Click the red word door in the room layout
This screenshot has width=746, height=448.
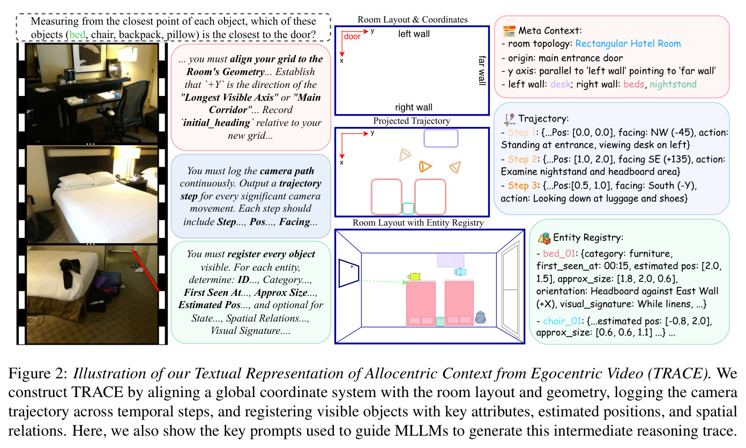pyautogui.click(x=352, y=36)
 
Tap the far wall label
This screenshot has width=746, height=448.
pyautogui.click(x=482, y=70)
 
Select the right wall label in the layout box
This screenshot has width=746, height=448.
pyautogui.click(x=414, y=107)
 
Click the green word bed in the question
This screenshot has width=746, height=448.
pyautogui.click(x=77, y=35)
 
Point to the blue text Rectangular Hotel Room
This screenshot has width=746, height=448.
pyautogui.click(x=628, y=43)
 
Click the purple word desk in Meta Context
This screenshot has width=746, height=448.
pyautogui.click(x=560, y=84)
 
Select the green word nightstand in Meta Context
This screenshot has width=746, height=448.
pyautogui.click(x=673, y=84)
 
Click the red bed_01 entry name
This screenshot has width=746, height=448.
pyautogui.click(x=559, y=254)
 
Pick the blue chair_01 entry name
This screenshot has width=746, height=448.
pyautogui.click(x=562, y=321)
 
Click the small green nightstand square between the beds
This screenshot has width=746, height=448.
pyautogui.click(x=408, y=208)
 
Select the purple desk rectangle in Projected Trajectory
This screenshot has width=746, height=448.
pyautogui.click(x=441, y=138)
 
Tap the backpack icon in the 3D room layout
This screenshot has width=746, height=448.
pyautogui.click(x=480, y=317)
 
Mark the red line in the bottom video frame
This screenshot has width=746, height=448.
pyautogui.click(x=145, y=271)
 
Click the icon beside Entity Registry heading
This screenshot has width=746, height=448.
pyautogui.click(x=544, y=238)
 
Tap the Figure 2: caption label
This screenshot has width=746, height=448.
pyautogui.click(x=38, y=374)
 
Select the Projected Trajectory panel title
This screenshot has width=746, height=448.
pyautogui.click(x=412, y=121)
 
